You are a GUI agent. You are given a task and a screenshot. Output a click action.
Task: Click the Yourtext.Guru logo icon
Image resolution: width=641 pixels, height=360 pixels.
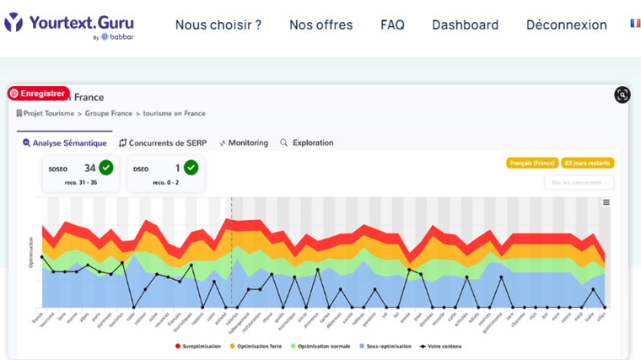click(x=13, y=23)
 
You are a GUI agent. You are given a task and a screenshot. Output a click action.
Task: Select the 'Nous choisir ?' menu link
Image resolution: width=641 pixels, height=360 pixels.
click(x=218, y=24)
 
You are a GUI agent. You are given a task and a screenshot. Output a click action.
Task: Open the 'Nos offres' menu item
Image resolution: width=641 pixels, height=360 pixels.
click(x=320, y=24)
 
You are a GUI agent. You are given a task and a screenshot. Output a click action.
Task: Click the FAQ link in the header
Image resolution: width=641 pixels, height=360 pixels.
click(x=392, y=24)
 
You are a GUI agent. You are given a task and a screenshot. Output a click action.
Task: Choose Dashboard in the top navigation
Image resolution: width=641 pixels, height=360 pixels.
click(x=465, y=24)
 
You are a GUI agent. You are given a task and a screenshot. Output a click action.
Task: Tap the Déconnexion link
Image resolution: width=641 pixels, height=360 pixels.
click(x=566, y=24)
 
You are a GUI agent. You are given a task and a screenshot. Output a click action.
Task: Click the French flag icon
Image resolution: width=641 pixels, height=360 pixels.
click(x=634, y=24)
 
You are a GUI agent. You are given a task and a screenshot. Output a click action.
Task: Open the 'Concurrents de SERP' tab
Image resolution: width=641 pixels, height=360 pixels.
click(x=163, y=142)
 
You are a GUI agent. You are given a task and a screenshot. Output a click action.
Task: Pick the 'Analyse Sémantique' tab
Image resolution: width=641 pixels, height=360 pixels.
click(x=65, y=142)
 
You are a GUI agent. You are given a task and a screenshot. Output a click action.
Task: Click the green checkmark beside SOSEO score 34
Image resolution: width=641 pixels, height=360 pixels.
click(x=106, y=167)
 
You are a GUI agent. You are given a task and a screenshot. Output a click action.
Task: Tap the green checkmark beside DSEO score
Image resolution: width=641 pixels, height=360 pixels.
click(x=191, y=167)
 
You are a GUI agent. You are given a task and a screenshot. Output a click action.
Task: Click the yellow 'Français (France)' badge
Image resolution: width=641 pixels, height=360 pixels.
click(x=531, y=163)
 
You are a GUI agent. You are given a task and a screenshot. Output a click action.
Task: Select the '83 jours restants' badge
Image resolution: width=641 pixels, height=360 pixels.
click(x=587, y=163)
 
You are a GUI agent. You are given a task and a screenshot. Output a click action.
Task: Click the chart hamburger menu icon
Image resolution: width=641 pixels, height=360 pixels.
click(x=606, y=202)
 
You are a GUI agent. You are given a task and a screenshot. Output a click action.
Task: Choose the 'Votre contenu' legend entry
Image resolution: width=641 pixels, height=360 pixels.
click(x=439, y=346)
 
